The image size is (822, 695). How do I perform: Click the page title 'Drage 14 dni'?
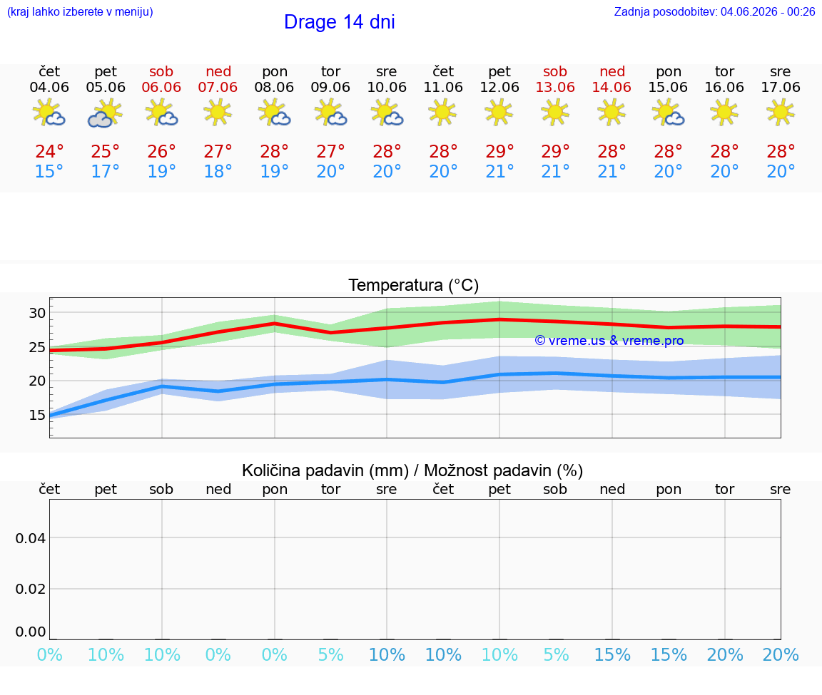339,22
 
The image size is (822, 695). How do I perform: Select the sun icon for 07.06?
218,113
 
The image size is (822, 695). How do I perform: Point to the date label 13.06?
555,88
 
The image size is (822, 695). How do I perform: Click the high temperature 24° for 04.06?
49,151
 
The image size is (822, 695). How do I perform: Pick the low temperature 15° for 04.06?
49,171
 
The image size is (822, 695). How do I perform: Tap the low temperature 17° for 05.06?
106,171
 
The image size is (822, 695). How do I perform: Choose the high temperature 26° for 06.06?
161,151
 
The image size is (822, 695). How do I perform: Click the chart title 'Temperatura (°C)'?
414,285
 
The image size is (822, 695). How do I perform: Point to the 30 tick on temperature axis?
37,313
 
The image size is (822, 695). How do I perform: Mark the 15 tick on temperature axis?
37,415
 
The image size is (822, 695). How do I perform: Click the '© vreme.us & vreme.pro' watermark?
609,341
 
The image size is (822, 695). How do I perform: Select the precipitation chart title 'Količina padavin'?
325,470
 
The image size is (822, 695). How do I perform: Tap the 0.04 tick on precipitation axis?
31,538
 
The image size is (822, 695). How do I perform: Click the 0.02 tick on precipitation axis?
31,589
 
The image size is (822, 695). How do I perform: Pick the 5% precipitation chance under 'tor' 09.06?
331,654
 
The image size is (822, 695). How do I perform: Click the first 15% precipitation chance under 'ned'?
612,654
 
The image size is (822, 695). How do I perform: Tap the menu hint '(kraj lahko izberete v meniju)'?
80,12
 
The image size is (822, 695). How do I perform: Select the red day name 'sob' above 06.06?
161,71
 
